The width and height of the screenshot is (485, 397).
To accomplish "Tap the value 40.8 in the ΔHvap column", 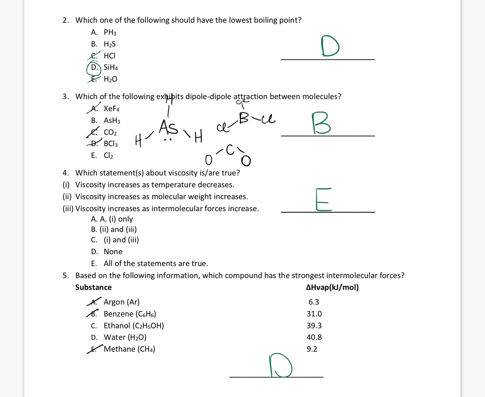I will tap(315, 337).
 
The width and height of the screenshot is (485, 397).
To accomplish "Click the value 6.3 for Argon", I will tap(314, 302).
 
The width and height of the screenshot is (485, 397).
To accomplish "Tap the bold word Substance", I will tap(93, 288).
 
